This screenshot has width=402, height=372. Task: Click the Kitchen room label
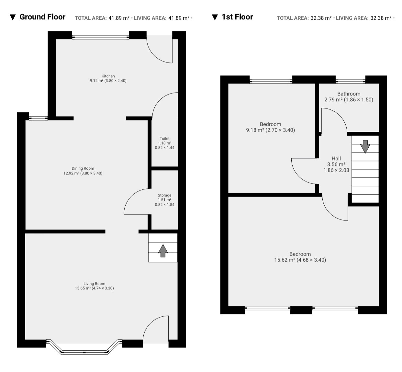[108, 76]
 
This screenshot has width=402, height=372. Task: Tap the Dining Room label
[83, 168]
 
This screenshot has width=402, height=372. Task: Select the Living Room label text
[94, 284]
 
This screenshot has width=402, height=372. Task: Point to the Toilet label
[164, 139]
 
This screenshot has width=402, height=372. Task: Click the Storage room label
[164, 195]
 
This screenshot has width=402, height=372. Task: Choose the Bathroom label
[349, 94]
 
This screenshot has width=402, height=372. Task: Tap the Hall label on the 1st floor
[336, 158]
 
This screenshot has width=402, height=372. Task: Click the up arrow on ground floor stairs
[163, 251]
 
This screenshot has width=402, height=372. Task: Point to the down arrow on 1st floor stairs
[365, 147]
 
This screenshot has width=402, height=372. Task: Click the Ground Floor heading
[42, 17]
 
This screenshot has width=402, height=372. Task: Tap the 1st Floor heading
[237, 17]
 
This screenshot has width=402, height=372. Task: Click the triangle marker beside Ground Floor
[13, 17]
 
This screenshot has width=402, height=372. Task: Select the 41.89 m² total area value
[119, 18]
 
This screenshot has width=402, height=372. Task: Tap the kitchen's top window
[101, 37]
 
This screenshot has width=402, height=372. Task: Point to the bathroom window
[351, 81]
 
